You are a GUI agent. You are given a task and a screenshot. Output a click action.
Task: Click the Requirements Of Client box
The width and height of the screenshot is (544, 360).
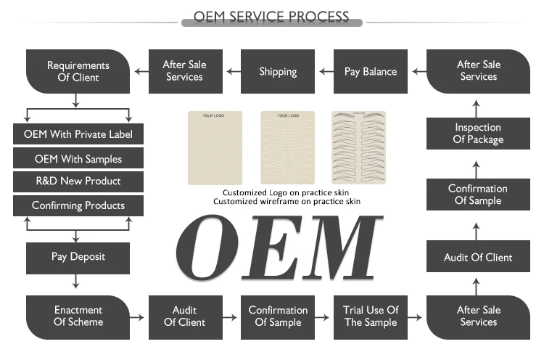click(78, 71)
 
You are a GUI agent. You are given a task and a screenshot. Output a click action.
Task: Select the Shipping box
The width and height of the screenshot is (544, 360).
click(278, 71)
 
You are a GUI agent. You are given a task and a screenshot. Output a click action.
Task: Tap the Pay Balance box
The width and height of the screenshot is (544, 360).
click(371, 71)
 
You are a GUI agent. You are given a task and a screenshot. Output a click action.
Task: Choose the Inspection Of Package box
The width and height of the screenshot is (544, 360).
click(478, 134)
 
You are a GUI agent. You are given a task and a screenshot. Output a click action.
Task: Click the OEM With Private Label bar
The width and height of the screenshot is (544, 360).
click(78, 134)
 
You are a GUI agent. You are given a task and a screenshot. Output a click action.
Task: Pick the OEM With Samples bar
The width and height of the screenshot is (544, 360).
click(78, 158)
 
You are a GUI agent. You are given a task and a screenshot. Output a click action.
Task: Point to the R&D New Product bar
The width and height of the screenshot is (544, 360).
click(78, 181)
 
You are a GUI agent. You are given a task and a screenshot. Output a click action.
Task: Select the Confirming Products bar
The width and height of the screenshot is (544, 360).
click(78, 205)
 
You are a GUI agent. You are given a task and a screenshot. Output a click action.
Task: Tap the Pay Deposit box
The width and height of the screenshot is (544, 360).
click(78, 256)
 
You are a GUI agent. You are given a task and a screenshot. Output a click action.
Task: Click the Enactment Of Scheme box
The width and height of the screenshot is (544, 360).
click(78, 316)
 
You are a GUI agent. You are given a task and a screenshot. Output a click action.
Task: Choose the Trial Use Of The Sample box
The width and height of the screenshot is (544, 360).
click(371, 316)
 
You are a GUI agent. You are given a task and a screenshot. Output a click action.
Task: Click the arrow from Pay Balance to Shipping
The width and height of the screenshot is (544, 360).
click(324, 71)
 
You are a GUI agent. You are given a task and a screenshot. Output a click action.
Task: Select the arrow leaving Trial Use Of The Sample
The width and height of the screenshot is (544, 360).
click(416, 317)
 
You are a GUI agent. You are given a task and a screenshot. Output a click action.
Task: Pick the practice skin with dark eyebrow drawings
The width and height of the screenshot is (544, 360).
click(359, 147)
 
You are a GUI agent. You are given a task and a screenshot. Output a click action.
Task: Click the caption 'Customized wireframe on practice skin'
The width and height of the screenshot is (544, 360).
click(287, 201)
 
